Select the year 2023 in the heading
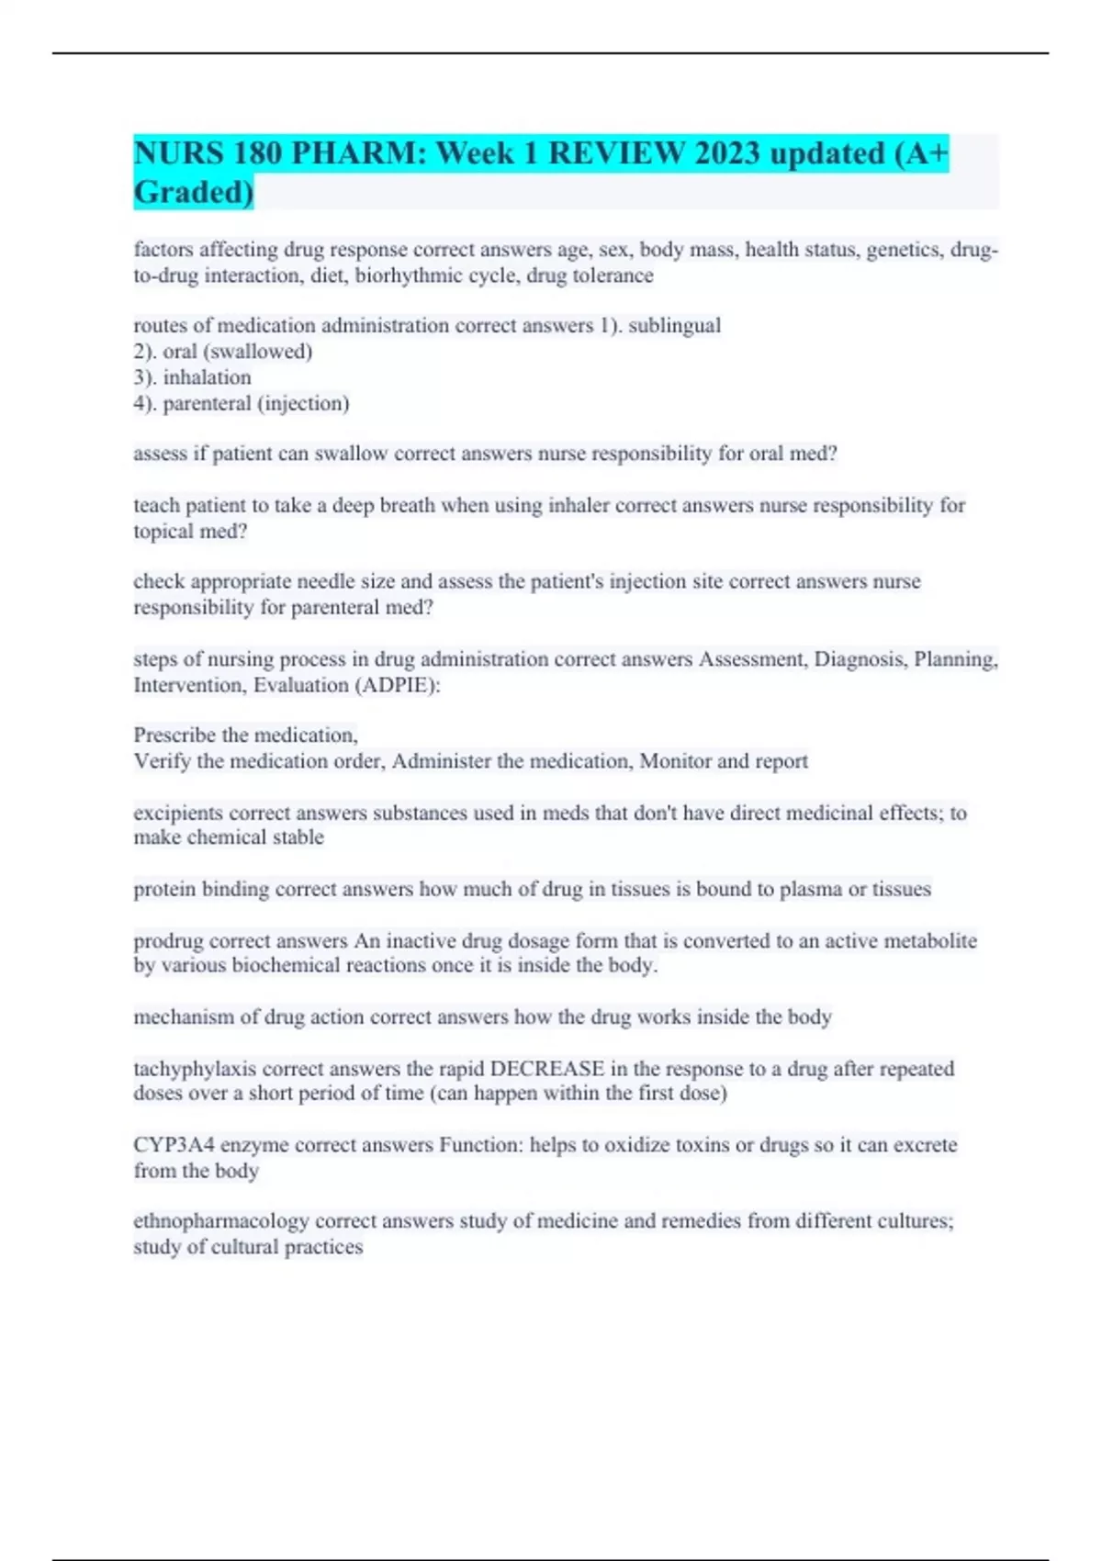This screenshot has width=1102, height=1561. tap(726, 153)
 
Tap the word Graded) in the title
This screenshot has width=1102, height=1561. tap(194, 193)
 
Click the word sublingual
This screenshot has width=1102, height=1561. tap(674, 325)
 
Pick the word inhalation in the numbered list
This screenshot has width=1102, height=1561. tap(207, 377)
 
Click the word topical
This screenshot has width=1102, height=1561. tap(161, 531)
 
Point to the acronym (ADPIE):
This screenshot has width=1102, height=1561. tap(397, 685)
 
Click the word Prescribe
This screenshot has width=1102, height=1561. tap(175, 735)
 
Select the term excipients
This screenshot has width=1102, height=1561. tap(178, 813)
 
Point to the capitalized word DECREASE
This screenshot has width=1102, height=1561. tap(546, 1069)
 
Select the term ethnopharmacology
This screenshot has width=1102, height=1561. tap(220, 1221)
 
